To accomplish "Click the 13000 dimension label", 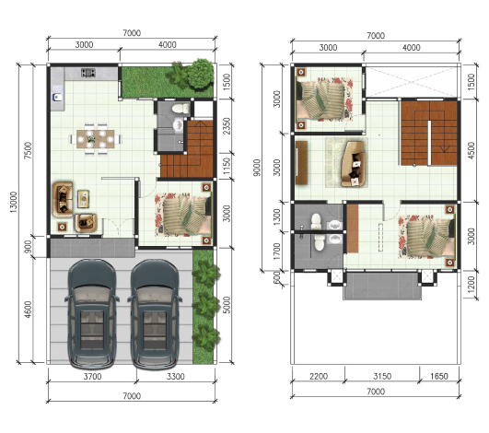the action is click(14, 202).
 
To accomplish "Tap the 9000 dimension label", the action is click(257, 168).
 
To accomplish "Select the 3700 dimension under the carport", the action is click(92, 377).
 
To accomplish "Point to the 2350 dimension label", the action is click(227, 125).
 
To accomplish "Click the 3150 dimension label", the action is click(382, 376).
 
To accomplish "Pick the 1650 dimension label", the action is click(439, 376).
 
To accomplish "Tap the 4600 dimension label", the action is click(28, 310).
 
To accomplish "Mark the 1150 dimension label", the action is click(227, 166).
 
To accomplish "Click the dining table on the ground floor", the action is click(96, 139).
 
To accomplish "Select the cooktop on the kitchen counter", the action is click(87, 73).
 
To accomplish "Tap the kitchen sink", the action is click(57, 97).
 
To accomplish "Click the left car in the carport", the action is click(92, 314).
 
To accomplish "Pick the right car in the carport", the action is click(155, 314).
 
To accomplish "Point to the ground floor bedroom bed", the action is click(183, 214).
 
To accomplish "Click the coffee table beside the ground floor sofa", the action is click(83, 199).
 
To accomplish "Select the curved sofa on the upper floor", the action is click(353, 164).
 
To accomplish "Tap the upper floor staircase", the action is click(429, 133).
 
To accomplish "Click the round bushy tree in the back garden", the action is click(201, 73).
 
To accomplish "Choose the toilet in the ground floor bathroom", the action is click(180, 109).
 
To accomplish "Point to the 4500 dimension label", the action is click(472, 150).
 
